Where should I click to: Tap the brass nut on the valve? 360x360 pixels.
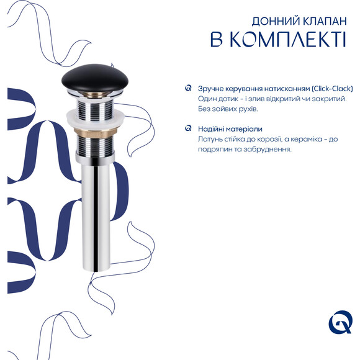pos(96,132)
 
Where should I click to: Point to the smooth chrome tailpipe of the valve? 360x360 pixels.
pos(97,211)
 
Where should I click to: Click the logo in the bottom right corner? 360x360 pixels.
pos(340,324)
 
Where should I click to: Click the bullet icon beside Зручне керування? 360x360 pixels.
pos(188,88)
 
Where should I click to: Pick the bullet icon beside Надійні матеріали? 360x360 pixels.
pos(188,129)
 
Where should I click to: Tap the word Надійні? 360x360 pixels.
pos(212,129)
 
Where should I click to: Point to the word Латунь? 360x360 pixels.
pos(211,139)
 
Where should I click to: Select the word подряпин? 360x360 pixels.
pos(216,149)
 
